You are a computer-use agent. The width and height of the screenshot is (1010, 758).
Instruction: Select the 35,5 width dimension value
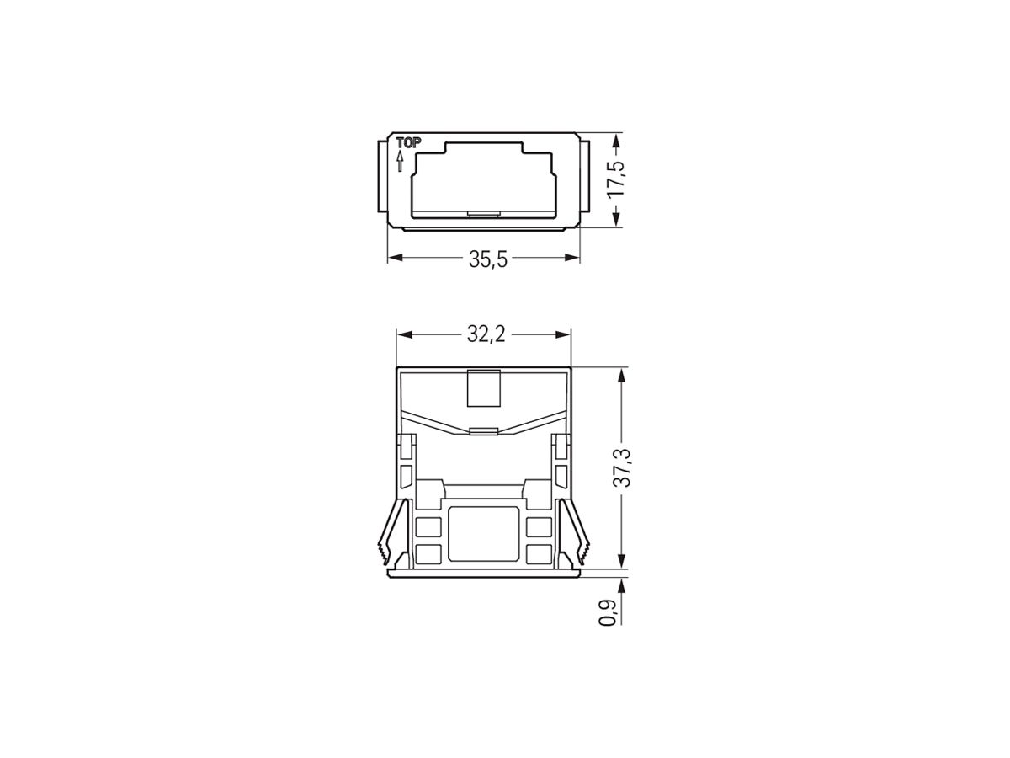point(488,259)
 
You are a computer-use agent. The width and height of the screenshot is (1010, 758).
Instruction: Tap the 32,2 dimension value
point(484,335)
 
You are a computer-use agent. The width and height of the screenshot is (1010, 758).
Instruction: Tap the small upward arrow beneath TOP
point(400,161)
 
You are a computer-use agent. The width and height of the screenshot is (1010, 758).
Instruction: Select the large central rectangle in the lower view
point(484,534)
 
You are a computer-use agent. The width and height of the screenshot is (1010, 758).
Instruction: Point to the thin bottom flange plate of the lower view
point(484,574)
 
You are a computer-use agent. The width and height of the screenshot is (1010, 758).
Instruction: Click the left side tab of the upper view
point(380,179)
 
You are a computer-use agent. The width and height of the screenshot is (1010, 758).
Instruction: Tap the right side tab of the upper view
point(586,179)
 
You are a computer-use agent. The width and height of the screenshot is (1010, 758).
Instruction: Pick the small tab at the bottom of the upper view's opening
point(483,213)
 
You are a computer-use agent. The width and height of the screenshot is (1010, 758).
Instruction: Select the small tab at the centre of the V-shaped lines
point(484,431)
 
